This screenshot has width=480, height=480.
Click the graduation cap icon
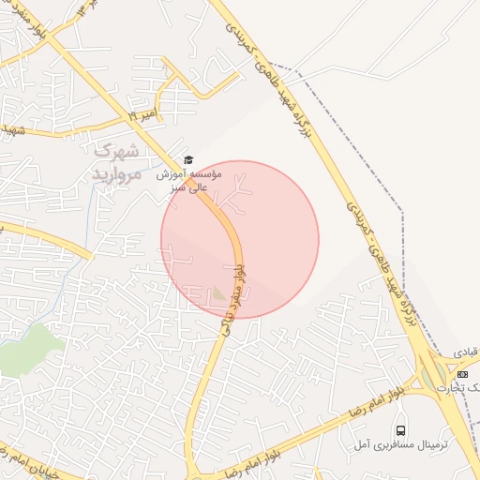(187, 160)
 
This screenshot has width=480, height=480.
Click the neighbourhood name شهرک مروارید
(116, 162)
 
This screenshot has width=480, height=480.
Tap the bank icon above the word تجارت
(461, 374)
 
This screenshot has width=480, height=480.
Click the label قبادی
(466, 351)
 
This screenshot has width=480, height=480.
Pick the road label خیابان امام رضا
(28, 458)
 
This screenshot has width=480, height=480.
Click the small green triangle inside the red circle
(219, 293)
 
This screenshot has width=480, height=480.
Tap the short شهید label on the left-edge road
(11, 127)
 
